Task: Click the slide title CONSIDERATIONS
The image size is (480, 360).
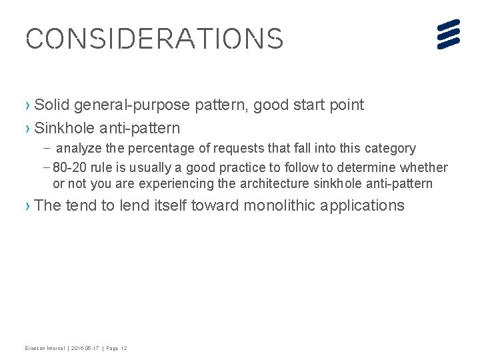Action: click(x=154, y=39)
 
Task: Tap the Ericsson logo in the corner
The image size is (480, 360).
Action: click(x=449, y=34)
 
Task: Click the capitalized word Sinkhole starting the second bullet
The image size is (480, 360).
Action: click(x=62, y=127)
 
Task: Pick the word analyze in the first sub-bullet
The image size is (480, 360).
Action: click(x=88, y=148)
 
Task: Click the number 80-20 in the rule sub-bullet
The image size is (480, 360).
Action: click(x=69, y=167)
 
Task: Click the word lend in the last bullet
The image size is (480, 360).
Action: click(x=135, y=205)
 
